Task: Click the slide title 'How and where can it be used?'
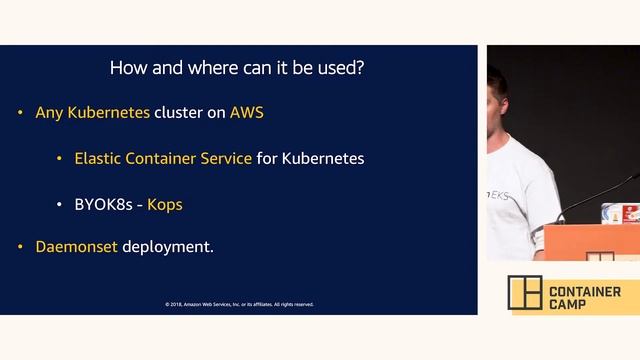(x=235, y=69)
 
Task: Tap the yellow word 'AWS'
(x=247, y=113)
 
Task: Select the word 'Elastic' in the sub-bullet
(x=98, y=159)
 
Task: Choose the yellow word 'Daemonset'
(x=76, y=246)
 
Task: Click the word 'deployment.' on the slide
(x=168, y=246)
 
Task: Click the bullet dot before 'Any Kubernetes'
(x=21, y=113)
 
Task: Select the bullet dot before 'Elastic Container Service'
(x=60, y=159)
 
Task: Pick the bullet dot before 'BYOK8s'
(x=60, y=205)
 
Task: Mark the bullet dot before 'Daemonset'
(x=21, y=246)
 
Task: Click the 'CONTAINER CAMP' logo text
(x=585, y=297)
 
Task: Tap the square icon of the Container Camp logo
(x=524, y=293)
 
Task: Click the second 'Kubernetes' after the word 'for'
(x=323, y=159)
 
